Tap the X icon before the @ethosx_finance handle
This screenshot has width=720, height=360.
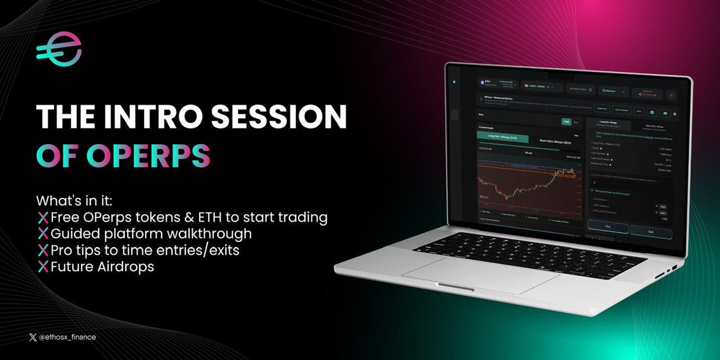click(x=32, y=337)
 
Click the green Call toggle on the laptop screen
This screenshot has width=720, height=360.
click(x=566, y=121)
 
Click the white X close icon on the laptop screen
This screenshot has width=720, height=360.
click(x=674, y=113)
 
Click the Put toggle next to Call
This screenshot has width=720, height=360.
click(x=577, y=122)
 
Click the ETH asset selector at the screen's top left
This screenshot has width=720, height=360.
click(x=497, y=83)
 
